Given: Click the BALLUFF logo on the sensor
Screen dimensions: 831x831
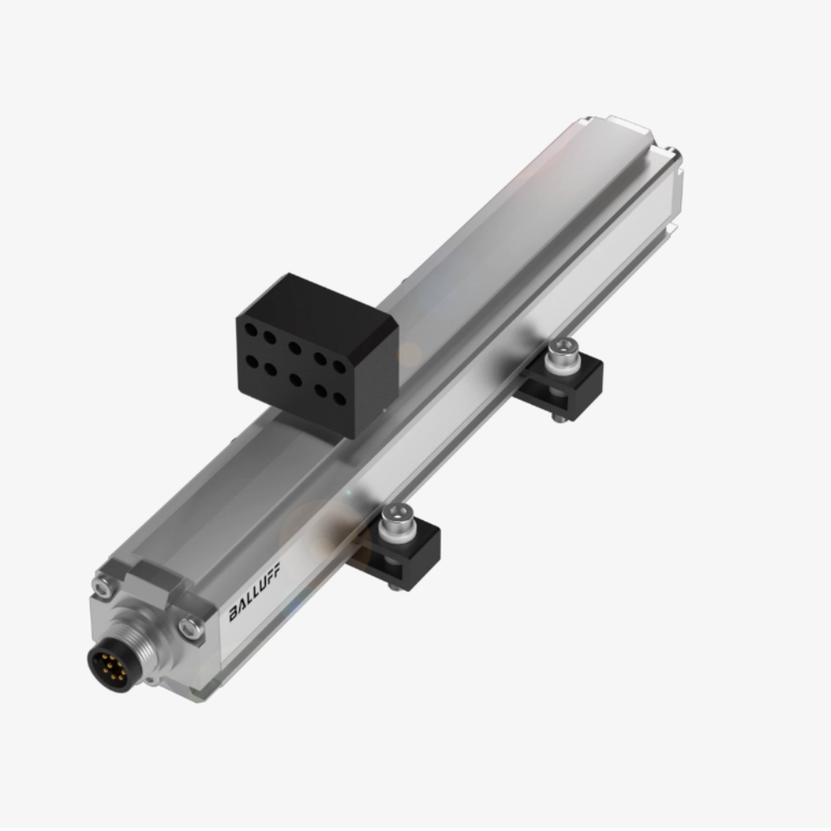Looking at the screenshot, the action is point(254,591).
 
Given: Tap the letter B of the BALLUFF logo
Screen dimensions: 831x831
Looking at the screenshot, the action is point(234,614).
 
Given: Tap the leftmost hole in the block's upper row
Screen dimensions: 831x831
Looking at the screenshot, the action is point(251,331).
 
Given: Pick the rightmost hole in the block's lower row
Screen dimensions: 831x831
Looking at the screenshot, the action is point(339,397).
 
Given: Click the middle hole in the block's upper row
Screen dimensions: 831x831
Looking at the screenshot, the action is point(294,348).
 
